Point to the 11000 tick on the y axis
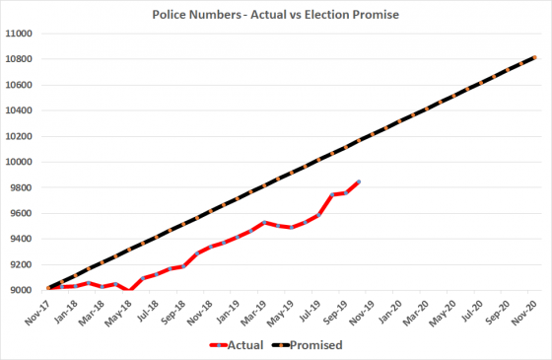[x=21, y=34]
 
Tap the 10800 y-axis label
[x=21, y=59]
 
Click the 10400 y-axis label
[x=21, y=110]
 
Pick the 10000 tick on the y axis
[x=21, y=162]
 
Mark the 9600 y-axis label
[x=23, y=213]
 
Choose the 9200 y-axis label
[x=23, y=264]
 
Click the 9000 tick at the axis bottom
[x=23, y=290]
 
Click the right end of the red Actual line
[x=360, y=181]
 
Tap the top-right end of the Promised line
[x=536, y=57]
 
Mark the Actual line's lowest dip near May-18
[x=130, y=290]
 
